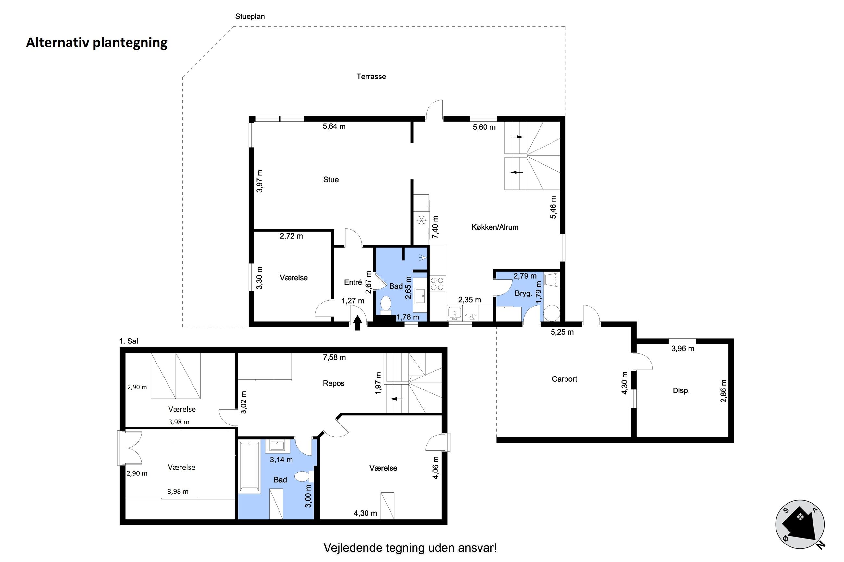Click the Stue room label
[330, 180]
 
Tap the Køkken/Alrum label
[495, 227]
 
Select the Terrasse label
[371, 76]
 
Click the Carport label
[564, 379]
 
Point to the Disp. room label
[681, 390]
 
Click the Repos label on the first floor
[333, 383]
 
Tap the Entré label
[353, 282]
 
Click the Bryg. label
[523, 293]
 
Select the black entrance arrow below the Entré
[357, 323]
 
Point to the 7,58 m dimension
[334, 357]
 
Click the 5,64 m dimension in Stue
[334, 126]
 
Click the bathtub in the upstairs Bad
[249, 466]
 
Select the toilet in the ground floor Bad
[386, 305]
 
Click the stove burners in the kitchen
[437, 284]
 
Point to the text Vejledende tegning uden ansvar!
[410, 548]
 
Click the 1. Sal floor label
[129, 341]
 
